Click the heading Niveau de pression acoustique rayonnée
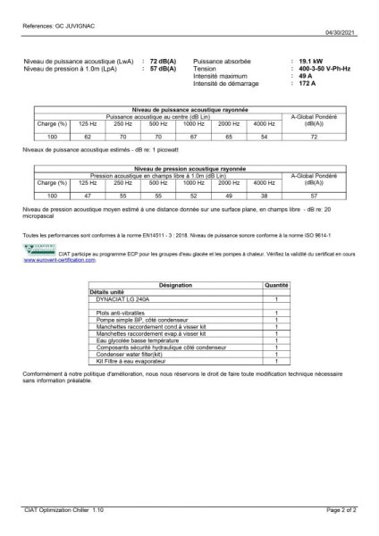[x=189, y=168]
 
